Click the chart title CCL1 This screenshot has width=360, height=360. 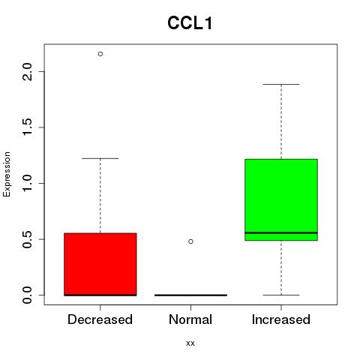pos(190,23)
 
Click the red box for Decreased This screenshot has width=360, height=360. pos(100,264)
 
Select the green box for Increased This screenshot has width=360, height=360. pos(281,199)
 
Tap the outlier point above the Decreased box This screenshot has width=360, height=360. pos(100,54)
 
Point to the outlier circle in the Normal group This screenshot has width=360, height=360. pos(190,241)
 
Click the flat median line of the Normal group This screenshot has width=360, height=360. pos(190,295)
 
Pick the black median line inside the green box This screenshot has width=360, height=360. pos(281,232)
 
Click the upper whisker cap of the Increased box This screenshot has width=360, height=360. pos(281,84)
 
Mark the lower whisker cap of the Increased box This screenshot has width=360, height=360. pos(281,295)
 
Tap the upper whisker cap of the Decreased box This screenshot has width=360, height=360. pos(100,158)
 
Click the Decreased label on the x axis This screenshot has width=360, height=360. pos(100,319)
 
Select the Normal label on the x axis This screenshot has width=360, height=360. pos(190,319)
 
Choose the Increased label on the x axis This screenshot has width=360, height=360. pos(281,319)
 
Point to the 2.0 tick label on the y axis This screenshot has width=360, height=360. pos(27,71)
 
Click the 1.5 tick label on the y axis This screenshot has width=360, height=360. pos(27,127)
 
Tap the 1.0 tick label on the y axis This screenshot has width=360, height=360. pos(27,183)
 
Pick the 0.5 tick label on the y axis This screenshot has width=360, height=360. pos(27,239)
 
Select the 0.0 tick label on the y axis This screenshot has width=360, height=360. pos(27,295)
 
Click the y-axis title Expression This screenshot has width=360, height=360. pos(7,174)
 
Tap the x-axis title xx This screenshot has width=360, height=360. pos(190,343)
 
